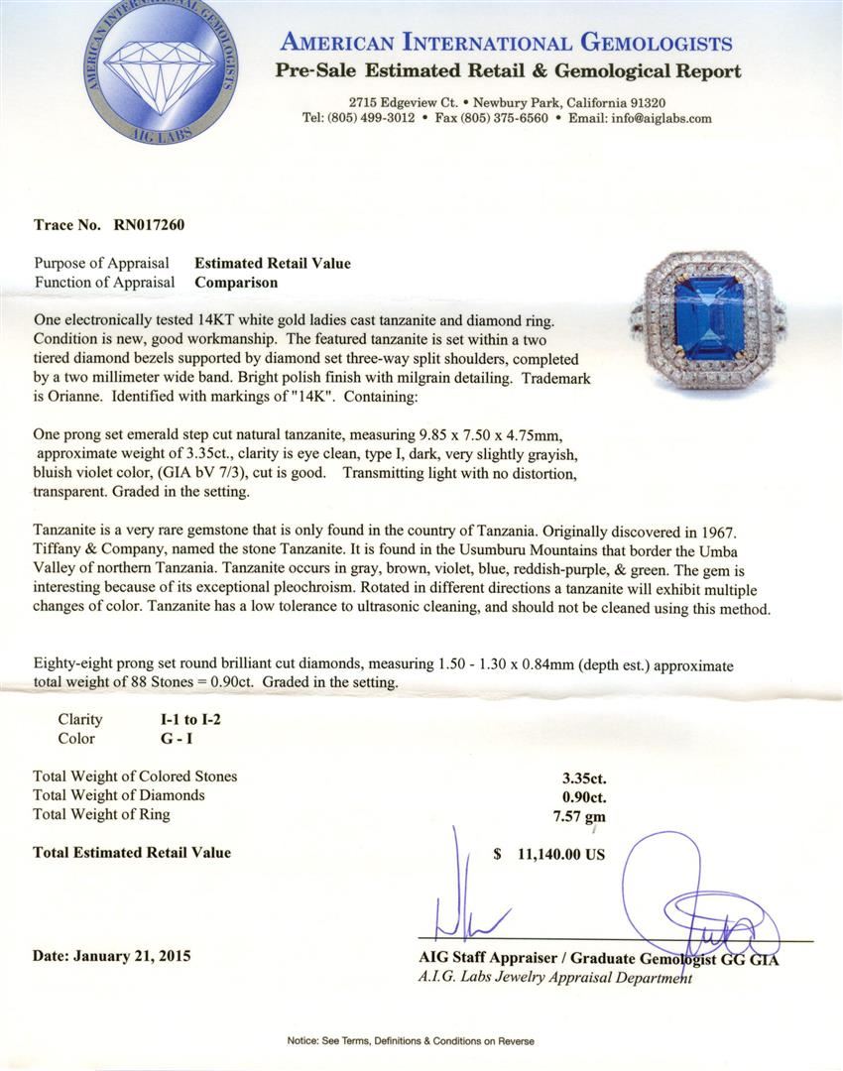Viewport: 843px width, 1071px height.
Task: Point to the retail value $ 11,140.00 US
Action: click(548, 853)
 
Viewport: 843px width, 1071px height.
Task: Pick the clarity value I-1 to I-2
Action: click(181, 720)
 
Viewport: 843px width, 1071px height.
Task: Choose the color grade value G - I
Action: click(161, 739)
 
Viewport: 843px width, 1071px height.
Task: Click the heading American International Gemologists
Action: click(507, 43)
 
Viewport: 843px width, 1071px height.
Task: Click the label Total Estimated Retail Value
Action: click(131, 852)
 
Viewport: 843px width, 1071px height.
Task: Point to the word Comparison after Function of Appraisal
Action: click(236, 282)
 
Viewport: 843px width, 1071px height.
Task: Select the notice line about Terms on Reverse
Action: click(411, 1041)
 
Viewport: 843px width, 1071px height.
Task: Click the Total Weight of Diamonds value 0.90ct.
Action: click(583, 795)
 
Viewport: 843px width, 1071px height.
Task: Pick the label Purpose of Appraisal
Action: click(101, 263)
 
